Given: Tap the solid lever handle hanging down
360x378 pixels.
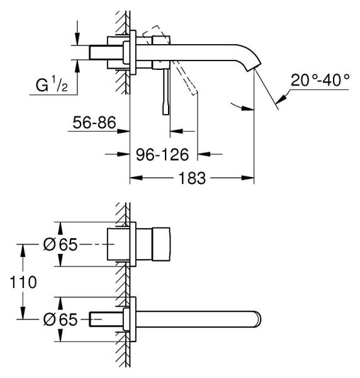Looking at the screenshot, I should pyautogui.click(x=167, y=91).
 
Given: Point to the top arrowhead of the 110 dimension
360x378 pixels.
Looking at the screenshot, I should pyautogui.click(x=23, y=248).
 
